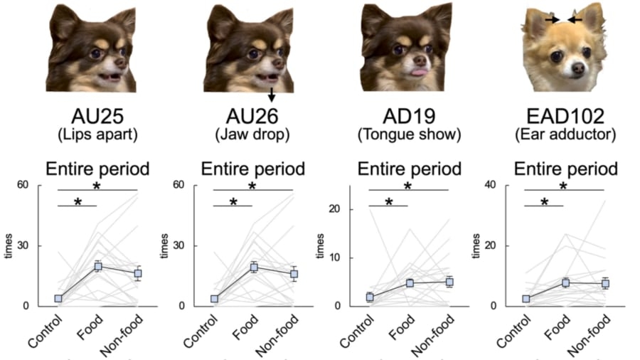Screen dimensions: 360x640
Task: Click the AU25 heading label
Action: (97, 116)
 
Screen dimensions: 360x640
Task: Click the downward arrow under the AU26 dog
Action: (272, 94)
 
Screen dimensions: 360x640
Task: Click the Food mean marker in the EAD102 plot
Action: (565, 282)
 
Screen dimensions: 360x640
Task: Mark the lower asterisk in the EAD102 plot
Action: (544, 202)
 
